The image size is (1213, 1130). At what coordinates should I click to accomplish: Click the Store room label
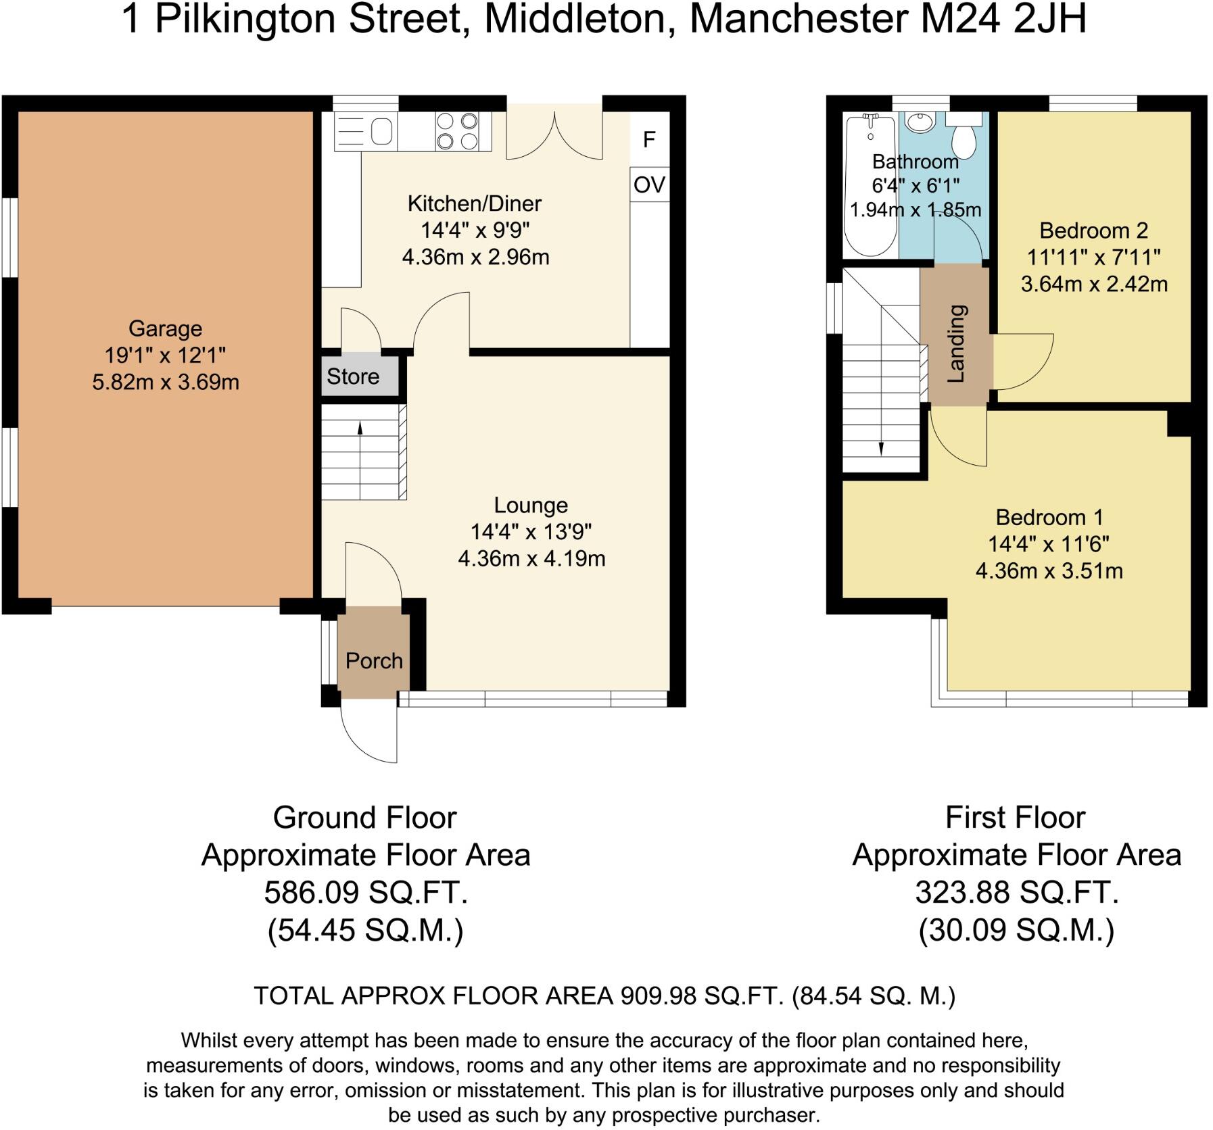352,376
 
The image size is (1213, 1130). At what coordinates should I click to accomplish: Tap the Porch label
373,660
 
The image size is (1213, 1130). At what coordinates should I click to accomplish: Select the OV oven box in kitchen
649,185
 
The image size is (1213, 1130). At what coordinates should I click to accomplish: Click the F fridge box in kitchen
649,139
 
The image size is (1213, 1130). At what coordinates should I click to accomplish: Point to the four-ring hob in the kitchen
456,131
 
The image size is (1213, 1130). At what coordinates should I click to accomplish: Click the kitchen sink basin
381,131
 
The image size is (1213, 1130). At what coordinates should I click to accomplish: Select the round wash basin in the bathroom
918,122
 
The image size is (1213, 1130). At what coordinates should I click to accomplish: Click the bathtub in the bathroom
871,186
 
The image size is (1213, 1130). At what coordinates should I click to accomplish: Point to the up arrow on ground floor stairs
360,428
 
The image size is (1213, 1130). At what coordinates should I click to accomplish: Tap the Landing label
956,344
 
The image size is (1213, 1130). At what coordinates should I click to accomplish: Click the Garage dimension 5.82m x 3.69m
166,383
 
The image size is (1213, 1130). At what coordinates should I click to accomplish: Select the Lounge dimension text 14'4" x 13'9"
531,532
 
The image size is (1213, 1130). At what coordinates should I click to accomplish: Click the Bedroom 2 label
1093,230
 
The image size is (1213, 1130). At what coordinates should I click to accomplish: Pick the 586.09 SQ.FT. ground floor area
366,893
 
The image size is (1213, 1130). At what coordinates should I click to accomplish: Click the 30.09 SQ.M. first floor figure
1016,931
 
